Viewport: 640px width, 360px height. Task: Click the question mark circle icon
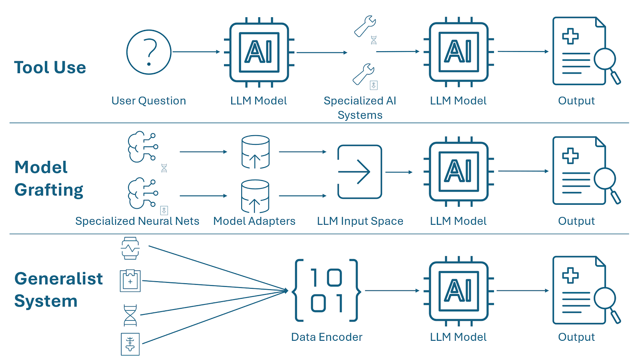pos(149,52)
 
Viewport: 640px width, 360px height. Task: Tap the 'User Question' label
pos(148,101)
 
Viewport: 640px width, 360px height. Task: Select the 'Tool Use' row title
pos(50,68)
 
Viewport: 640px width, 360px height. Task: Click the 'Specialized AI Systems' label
pos(360,108)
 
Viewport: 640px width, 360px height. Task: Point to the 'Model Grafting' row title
pos(49,178)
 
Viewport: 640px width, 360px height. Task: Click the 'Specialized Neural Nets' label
pos(137,221)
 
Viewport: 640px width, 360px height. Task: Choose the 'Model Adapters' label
pos(254,221)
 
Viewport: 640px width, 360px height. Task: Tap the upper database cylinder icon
pos(255,152)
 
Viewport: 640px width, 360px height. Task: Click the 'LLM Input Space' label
pos(360,221)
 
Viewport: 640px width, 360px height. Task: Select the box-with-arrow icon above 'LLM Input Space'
pos(360,172)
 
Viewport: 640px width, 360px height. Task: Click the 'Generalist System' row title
pos(58,290)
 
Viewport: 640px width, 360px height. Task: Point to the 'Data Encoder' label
pos(326,337)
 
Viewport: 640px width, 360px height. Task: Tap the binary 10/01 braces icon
pos(327,290)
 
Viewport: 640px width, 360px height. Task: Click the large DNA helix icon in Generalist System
pos(130,315)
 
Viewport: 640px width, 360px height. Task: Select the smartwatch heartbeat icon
pos(130,248)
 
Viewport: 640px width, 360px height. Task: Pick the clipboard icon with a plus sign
pos(130,280)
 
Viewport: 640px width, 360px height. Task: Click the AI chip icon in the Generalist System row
pos(458,291)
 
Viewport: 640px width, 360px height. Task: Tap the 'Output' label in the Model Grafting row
pos(576,221)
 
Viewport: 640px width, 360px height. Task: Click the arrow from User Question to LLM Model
pos(196,52)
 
